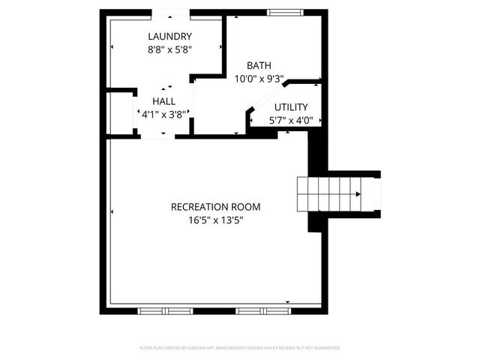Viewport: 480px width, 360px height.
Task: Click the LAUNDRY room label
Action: point(169,37)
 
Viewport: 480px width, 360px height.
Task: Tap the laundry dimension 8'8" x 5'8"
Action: point(169,52)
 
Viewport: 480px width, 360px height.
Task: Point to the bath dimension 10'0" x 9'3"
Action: point(259,78)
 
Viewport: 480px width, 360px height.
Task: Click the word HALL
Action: point(163,101)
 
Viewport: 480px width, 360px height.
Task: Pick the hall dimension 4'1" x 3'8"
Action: point(163,115)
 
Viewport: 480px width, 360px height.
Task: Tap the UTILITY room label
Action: point(291,107)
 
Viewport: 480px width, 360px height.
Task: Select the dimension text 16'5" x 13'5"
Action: point(216,220)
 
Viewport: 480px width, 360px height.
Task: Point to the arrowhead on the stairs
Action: point(358,194)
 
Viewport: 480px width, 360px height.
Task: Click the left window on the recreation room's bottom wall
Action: point(166,310)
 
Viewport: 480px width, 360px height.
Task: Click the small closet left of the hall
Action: point(122,114)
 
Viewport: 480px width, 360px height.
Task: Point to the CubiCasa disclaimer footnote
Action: point(240,348)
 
